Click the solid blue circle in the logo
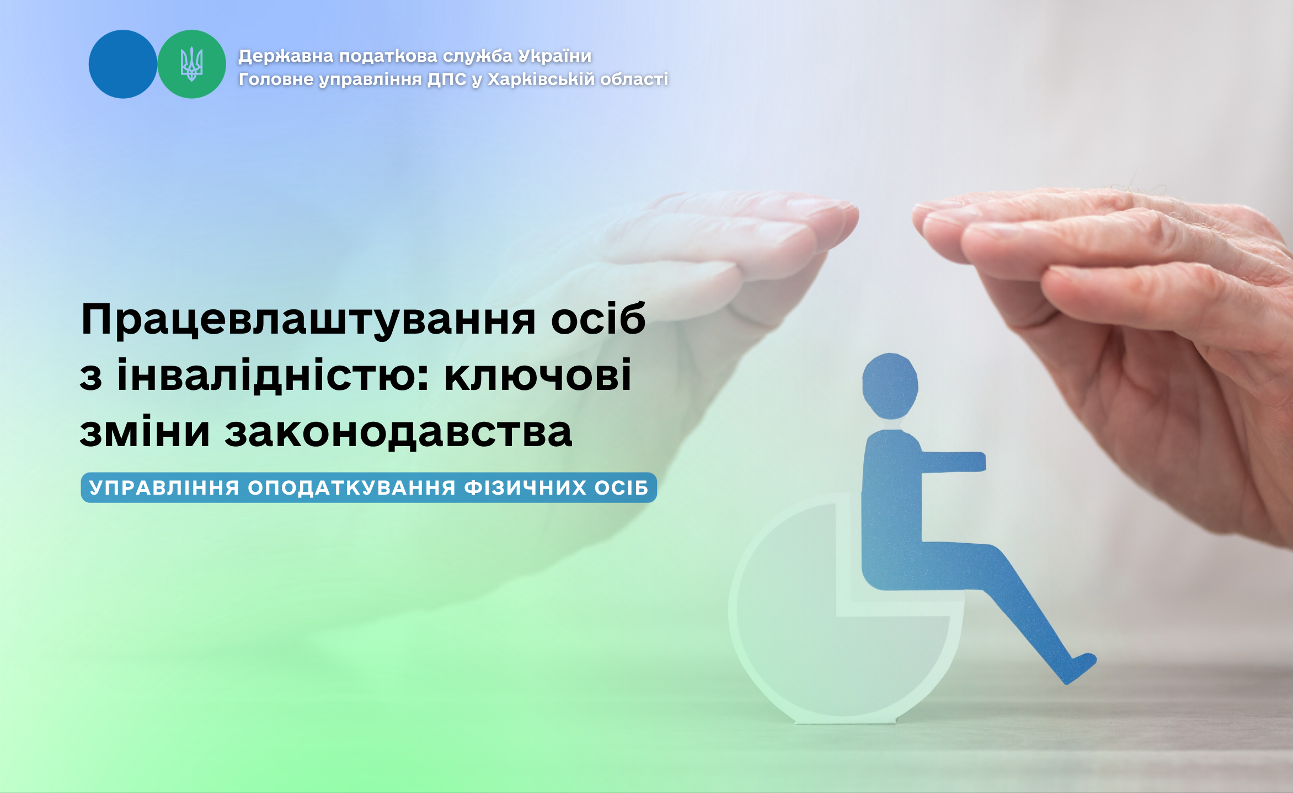tap(123, 64)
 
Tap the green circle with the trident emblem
tap(191, 64)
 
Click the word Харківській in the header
tap(542, 79)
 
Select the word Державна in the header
tap(286, 56)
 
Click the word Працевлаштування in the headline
tap(308, 320)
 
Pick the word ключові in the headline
tap(538, 375)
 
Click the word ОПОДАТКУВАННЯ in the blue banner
tap(352, 488)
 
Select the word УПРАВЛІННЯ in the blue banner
tap(164, 488)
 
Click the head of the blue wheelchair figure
tap(890, 386)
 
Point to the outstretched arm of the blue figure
tap(952, 462)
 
